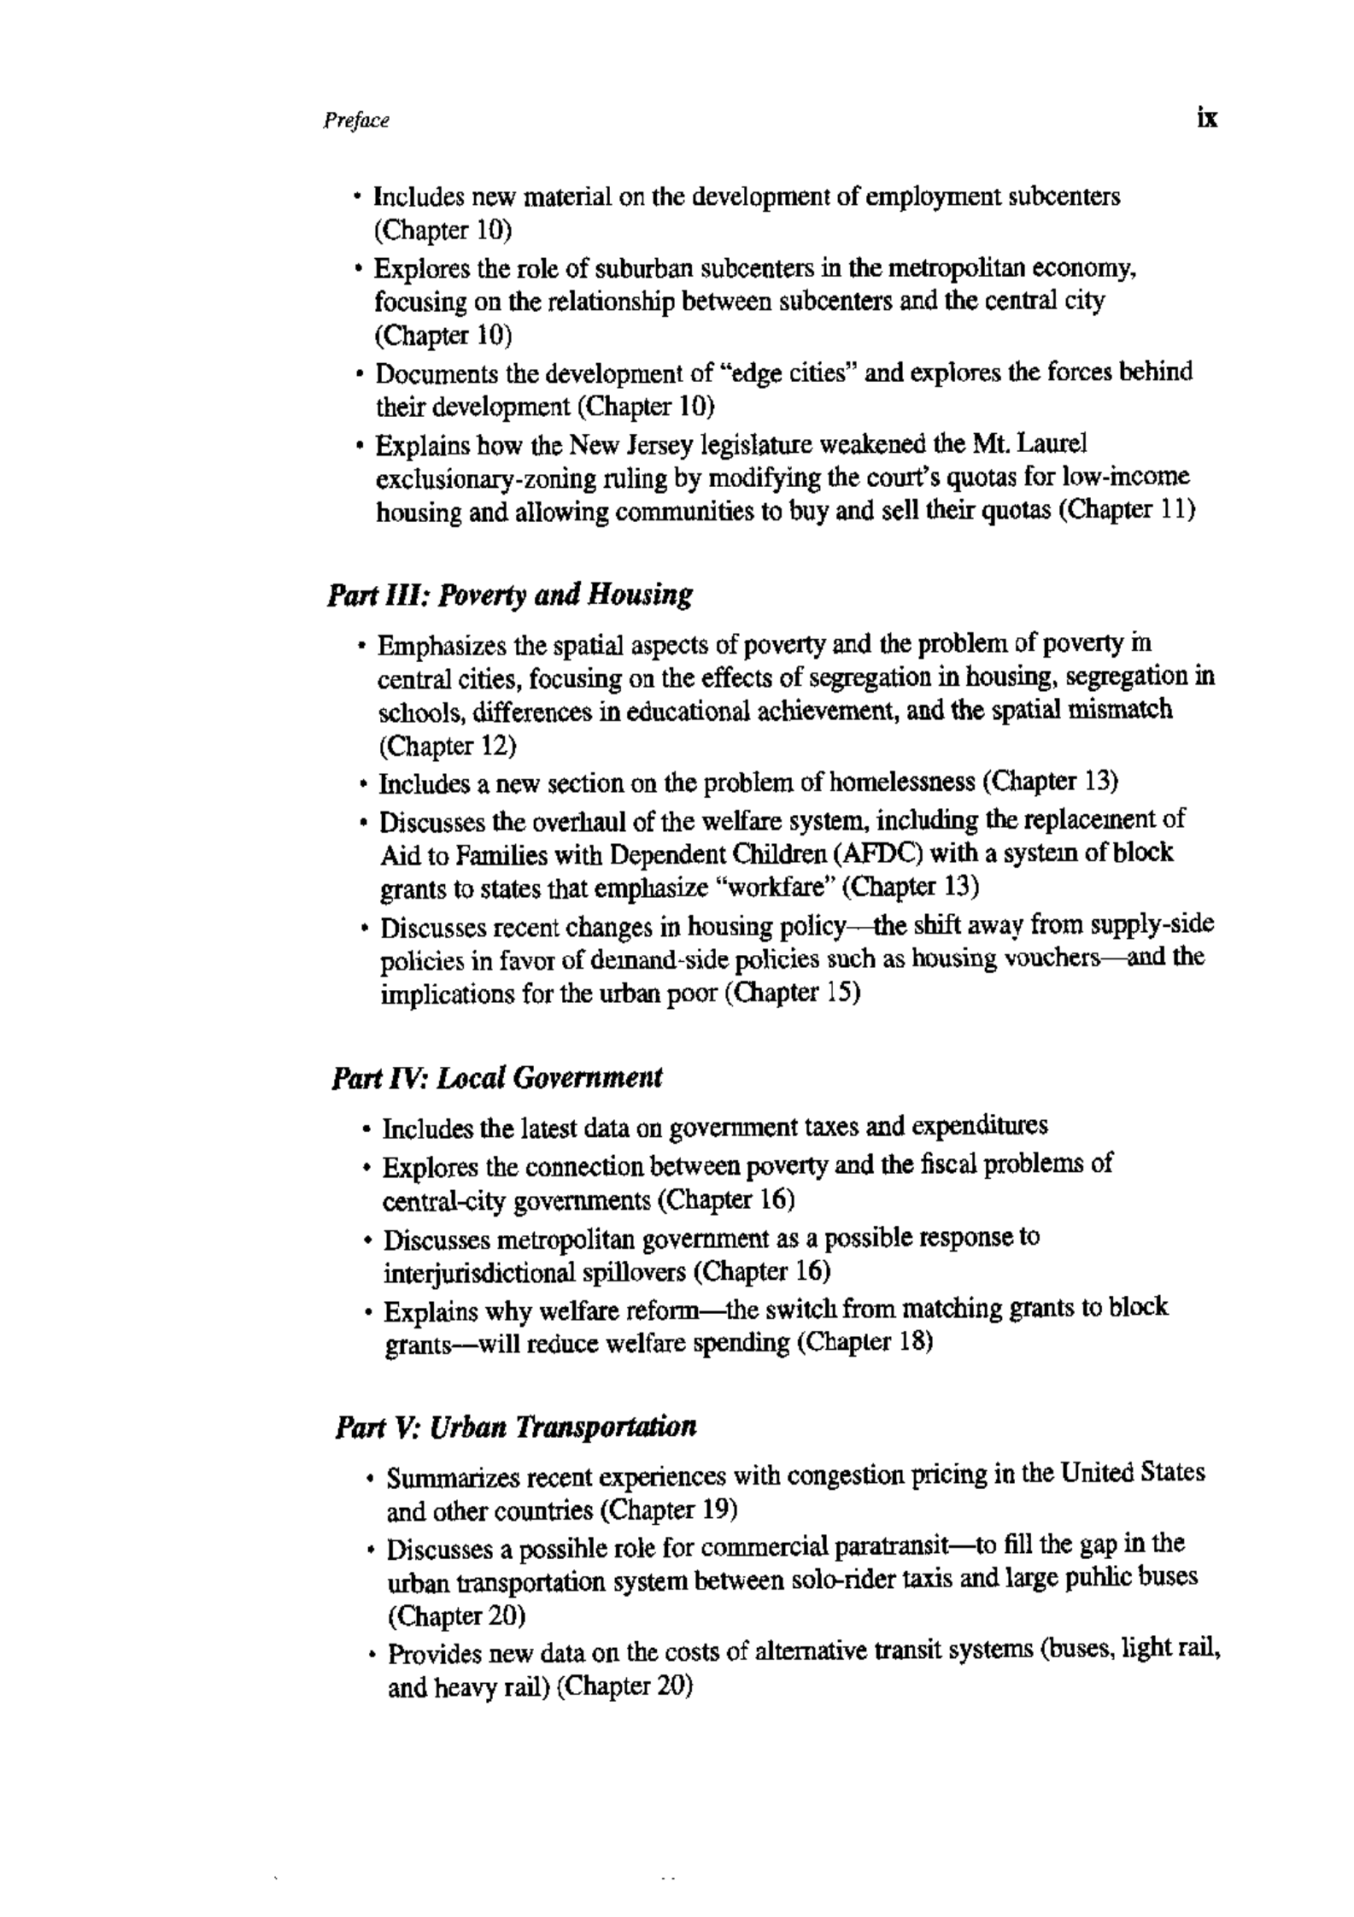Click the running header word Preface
point(356,121)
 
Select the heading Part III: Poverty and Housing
point(509,595)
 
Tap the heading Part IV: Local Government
point(496,1078)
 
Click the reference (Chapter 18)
point(864,1342)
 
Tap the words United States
point(1132,1474)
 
